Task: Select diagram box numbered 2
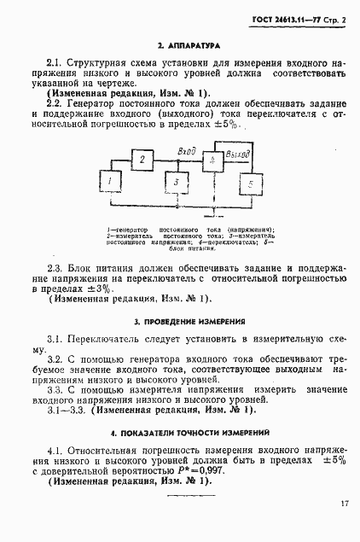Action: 143,160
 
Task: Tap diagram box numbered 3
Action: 175,183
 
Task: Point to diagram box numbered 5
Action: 250,184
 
